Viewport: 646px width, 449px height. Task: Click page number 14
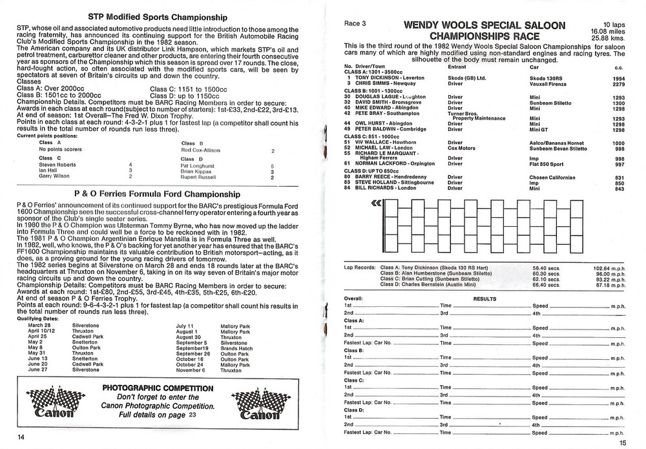[x=21, y=437]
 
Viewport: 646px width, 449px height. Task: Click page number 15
[x=622, y=442]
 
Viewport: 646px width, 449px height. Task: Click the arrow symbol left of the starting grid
[x=376, y=204]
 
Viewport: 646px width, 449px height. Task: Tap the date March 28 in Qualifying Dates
[x=29, y=324]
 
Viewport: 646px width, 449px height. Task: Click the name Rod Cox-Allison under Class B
[x=200, y=151]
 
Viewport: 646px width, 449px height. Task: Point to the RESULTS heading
[x=484, y=300]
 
